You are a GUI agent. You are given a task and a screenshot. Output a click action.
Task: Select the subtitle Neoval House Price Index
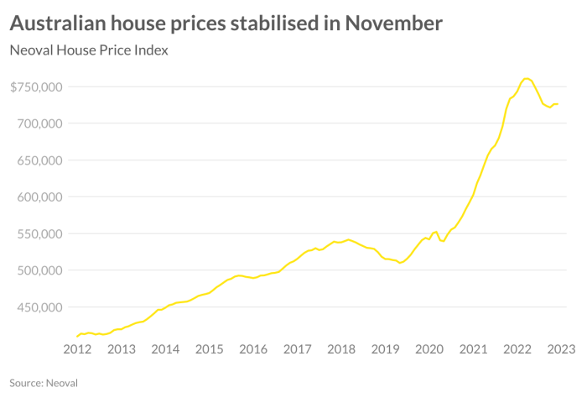(x=89, y=50)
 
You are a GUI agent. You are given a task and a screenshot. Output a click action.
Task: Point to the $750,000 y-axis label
(x=36, y=86)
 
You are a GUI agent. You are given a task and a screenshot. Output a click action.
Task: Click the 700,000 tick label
(x=39, y=123)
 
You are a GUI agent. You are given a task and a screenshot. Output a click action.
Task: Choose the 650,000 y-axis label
(x=39, y=160)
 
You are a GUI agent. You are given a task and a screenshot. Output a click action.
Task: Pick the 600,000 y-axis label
(x=39, y=197)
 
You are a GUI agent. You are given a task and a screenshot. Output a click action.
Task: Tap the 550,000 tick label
(x=39, y=234)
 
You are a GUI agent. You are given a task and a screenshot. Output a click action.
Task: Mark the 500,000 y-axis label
(x=39, y=270)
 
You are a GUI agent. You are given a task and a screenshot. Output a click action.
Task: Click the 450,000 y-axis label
(x=39, y=307)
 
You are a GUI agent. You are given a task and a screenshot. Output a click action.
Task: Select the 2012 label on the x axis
(x=77, y=349)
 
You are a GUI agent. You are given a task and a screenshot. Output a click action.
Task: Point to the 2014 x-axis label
(x=165, y=349)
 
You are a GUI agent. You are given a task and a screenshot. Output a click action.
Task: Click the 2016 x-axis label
(x=253, y=349)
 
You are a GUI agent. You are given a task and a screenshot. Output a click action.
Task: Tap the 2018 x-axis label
(x=341, y=349)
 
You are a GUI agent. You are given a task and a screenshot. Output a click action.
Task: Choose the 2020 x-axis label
(x=429, y=349)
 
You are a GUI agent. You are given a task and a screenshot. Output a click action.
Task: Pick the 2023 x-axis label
(x=560, y=349)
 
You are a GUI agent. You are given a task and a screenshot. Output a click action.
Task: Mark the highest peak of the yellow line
(x=526, y=78)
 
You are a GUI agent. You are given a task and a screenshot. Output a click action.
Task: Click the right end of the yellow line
(x=558, y=104)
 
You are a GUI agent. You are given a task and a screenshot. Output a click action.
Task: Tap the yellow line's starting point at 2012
(x=77, y=336)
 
